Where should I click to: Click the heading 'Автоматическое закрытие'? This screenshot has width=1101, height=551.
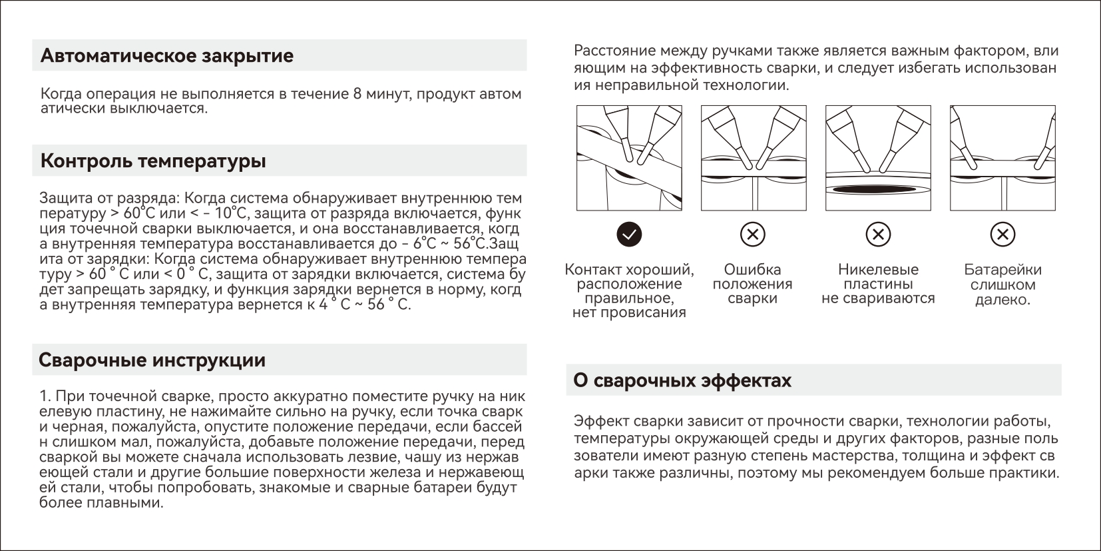coord(167,55)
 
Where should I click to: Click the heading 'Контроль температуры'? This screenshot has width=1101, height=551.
coord(153,161)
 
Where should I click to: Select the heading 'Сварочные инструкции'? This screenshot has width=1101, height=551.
coord(152,360)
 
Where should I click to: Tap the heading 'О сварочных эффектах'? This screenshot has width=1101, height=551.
coord(682,381)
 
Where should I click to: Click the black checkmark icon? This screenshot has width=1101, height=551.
coord(629,234)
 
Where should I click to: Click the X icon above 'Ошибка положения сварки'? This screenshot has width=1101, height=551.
coord(753,234)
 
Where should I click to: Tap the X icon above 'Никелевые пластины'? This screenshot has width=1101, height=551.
coord(878,234)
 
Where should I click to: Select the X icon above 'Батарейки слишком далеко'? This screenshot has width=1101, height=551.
coord(1002,234)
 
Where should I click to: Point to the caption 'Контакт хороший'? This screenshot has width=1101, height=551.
coord(629,270)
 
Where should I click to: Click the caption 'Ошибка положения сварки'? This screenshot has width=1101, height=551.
coord(753,284)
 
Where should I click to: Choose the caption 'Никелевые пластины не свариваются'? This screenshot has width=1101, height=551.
coord(878,284)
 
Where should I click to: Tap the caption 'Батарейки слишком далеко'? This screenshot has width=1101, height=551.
coord(1002,284)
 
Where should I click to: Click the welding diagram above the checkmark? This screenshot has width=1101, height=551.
coord(629,158)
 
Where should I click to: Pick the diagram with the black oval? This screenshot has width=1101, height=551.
coord(878,158)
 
